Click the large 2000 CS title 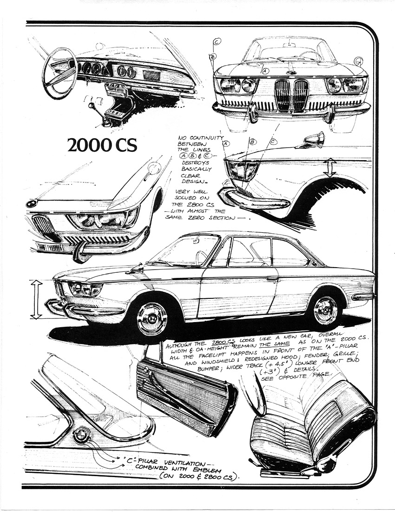(102, 145)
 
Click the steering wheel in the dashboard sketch (59, 72)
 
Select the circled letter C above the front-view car (217, 41)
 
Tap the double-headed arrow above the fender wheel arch (330, 168)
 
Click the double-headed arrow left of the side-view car (36, 299)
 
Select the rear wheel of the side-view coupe (325, 310)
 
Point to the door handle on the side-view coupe (272, 279)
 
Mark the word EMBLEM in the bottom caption (216, 470)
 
